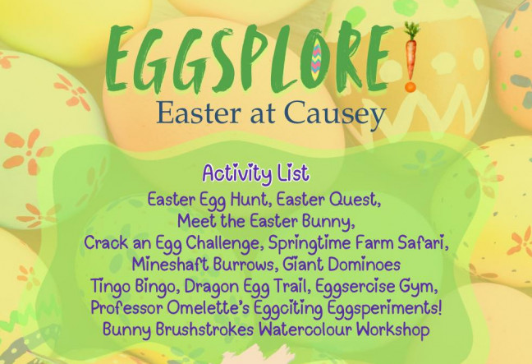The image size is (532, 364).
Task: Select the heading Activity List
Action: tap(256, 173)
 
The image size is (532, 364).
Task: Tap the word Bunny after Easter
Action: tap(328, 222)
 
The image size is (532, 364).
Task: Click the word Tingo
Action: tap(110, 288)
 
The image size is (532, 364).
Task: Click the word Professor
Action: tap(127, 308)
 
